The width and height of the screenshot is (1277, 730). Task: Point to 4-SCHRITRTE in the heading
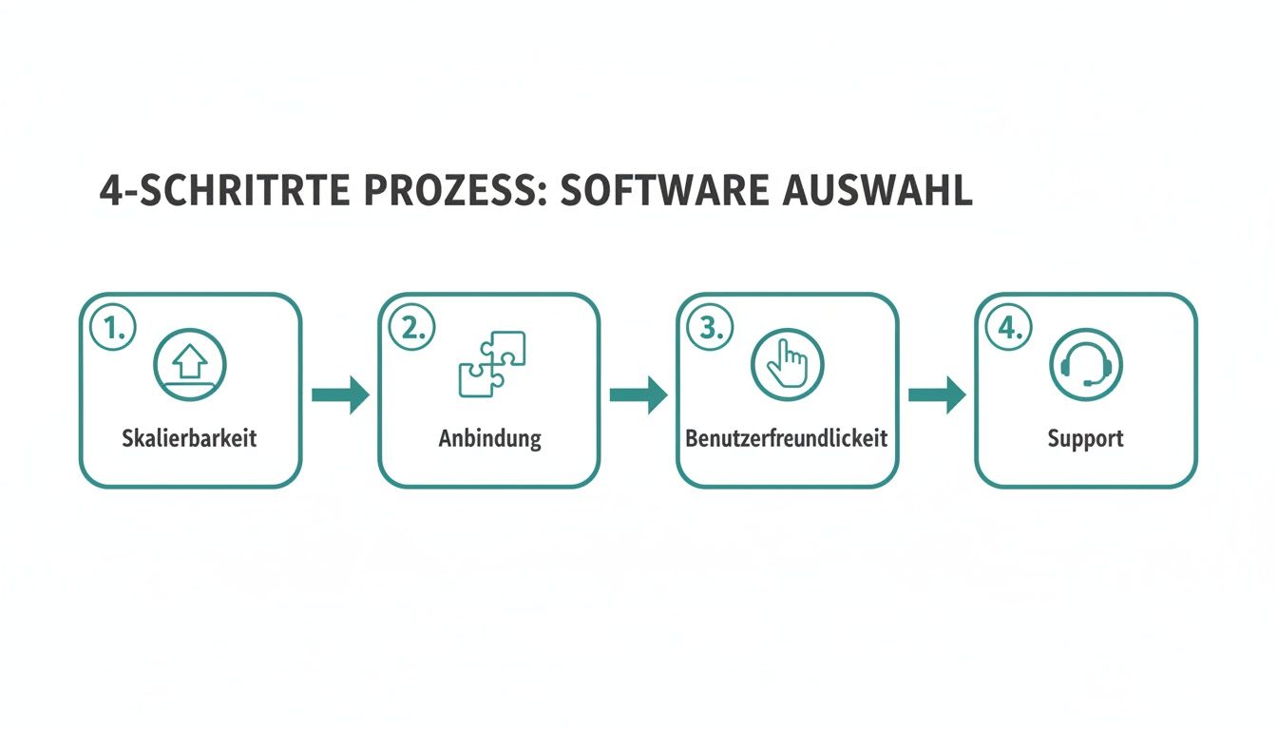(226, 191)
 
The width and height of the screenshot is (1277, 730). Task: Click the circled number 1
(113, 328)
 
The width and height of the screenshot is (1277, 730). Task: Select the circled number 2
(411, 328)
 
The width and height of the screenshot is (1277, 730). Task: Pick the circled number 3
(710, 328)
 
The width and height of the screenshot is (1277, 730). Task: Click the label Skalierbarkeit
(190, 439)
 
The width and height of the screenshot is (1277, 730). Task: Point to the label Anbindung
(489, 439)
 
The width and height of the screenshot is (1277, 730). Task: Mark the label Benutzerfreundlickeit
(787, 439)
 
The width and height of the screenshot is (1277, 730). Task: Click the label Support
(1085, 439)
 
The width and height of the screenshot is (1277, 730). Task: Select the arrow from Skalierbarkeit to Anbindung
(340, 394)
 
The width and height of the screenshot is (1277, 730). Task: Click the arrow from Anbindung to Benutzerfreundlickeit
(638, 394)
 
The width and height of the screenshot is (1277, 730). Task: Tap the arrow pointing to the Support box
(937, 394)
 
